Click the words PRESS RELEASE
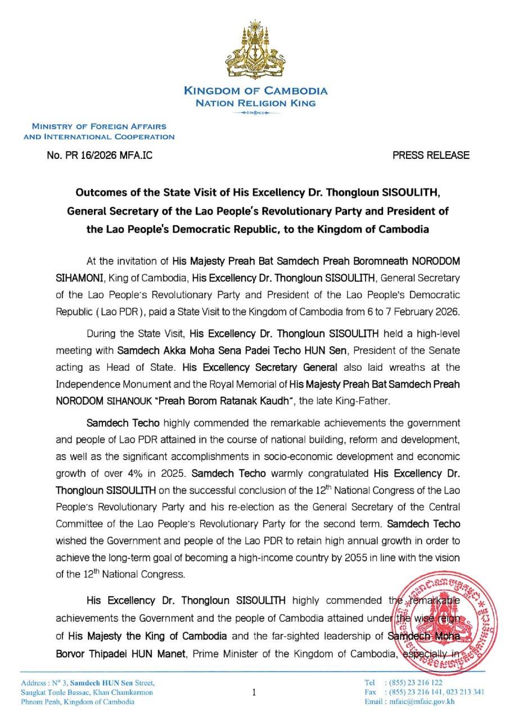coord(430,155)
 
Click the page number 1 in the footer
coord(254,693)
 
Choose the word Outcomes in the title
coord(100,193)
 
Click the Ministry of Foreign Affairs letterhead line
coord(99,127)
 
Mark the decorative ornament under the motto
coord(255,113)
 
